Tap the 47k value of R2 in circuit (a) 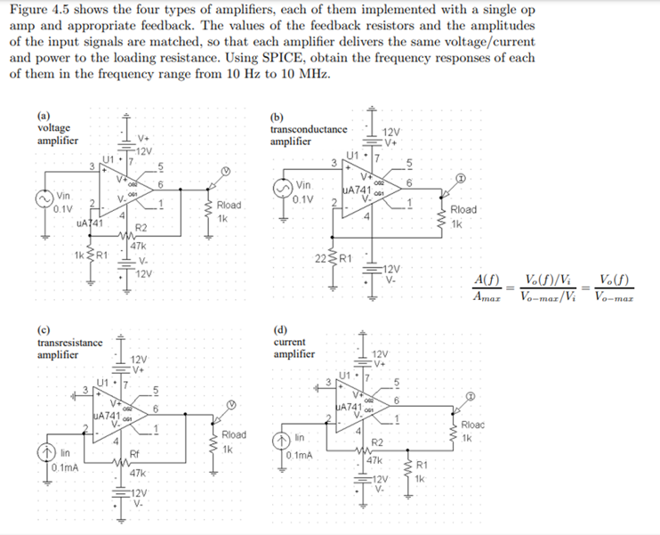(x=139, y=245)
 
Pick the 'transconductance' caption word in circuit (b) (x=308, y=129)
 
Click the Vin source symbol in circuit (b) (x=282, y=188)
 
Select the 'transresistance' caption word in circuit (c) (x=69, y=343)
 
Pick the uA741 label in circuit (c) (x=107, y=416)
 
